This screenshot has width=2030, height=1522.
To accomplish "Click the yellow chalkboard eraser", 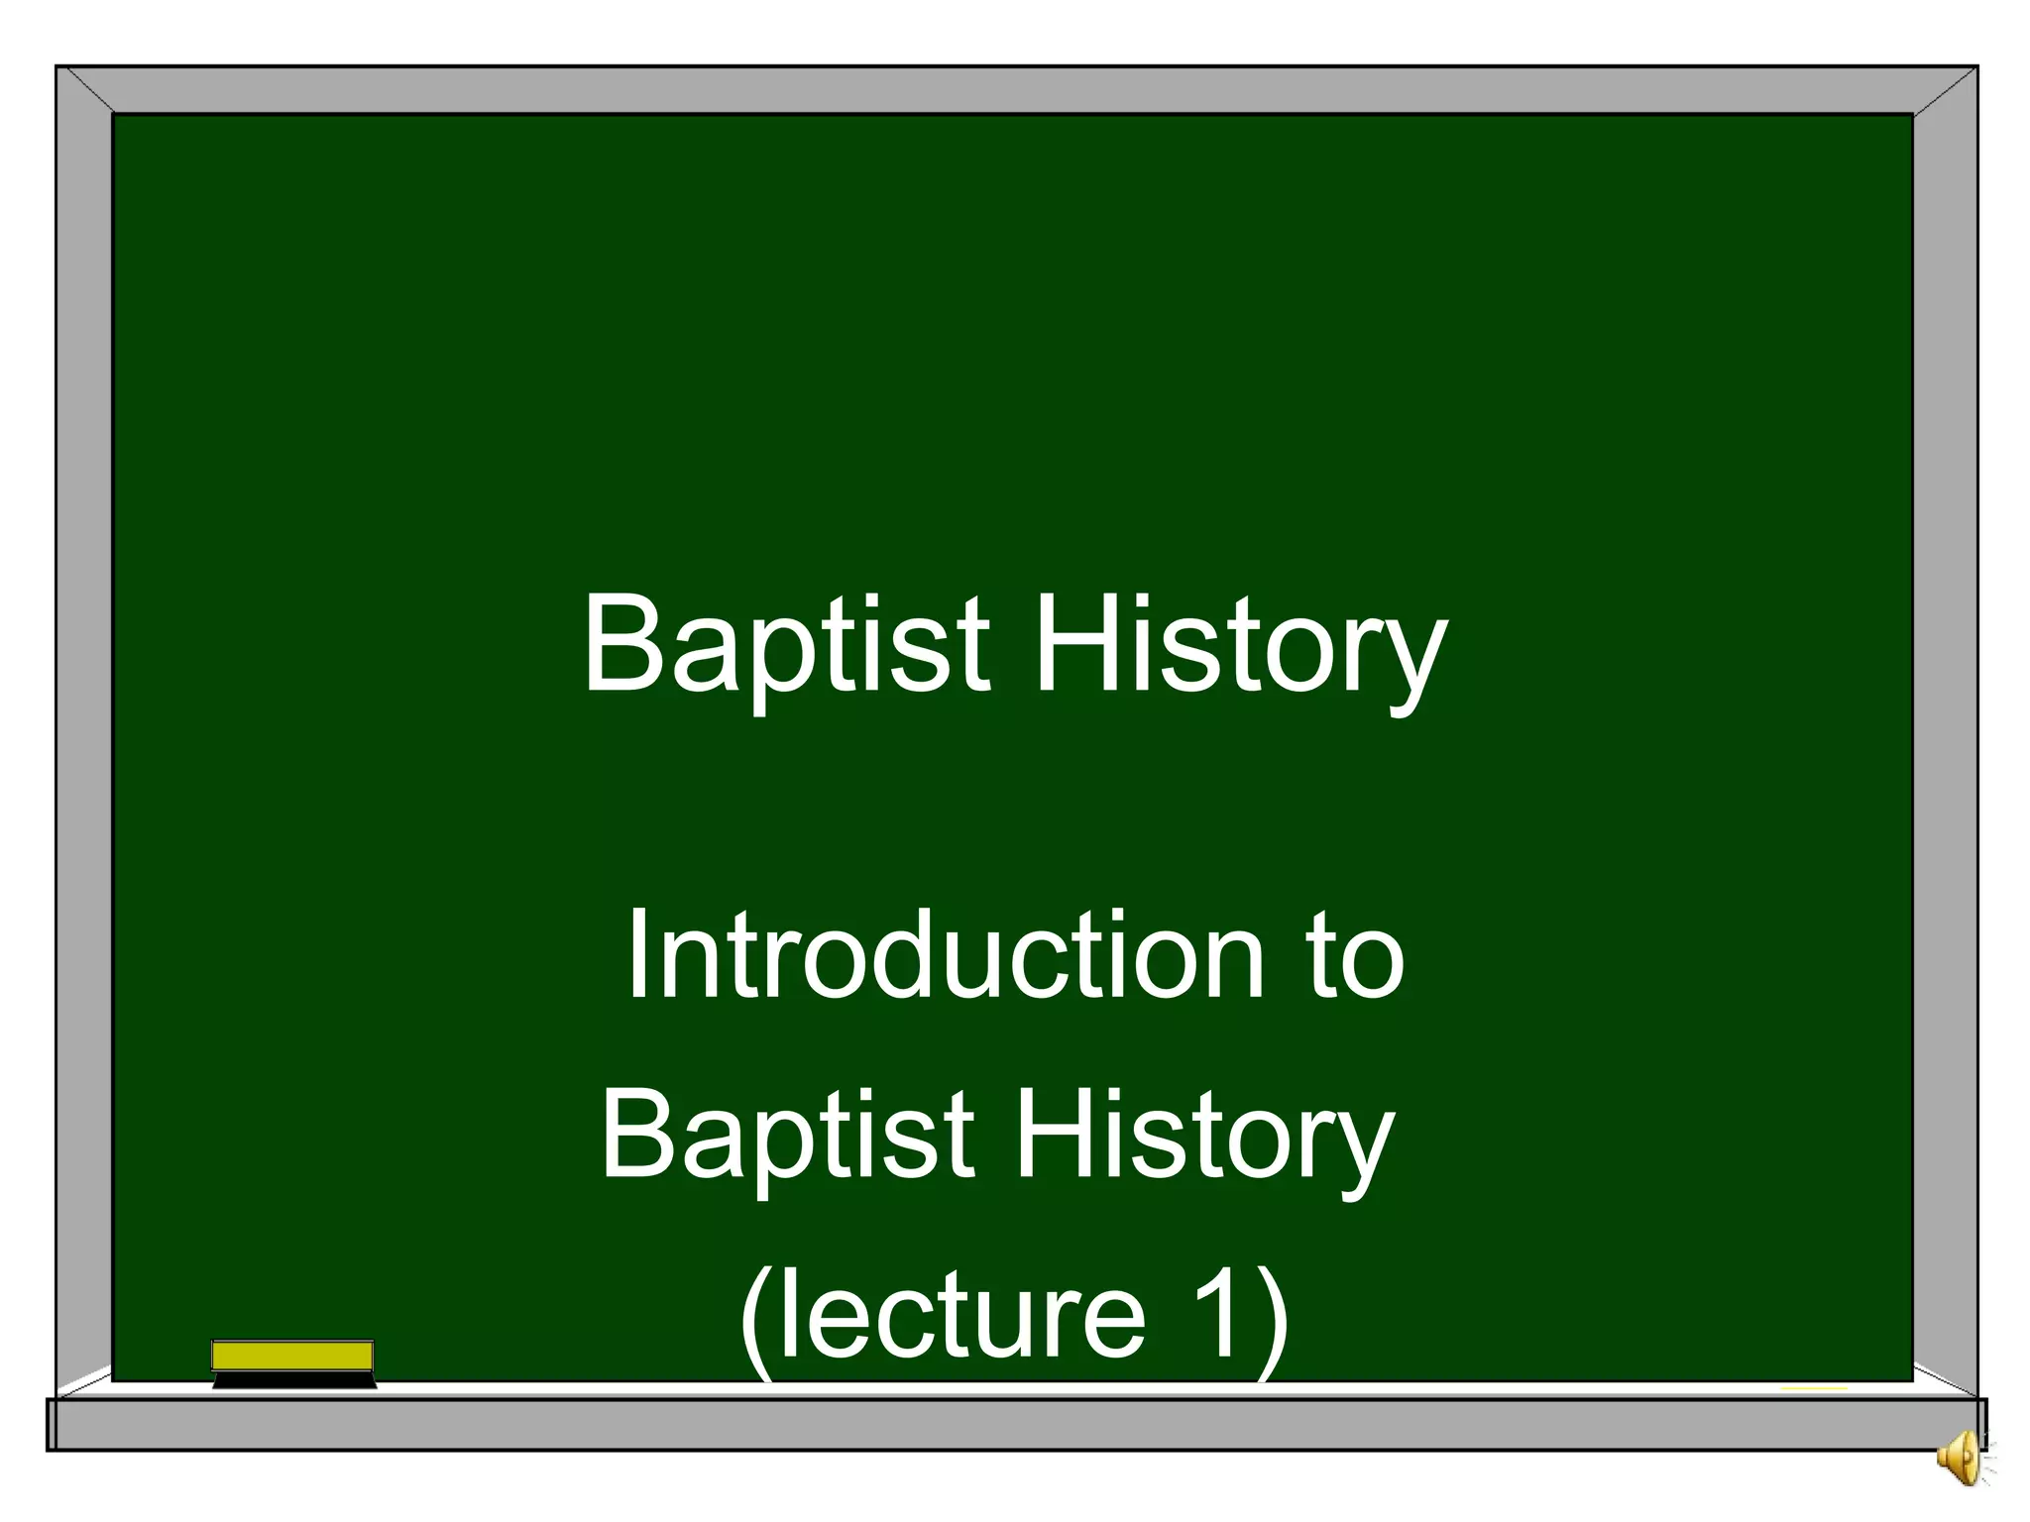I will pos(292,1356).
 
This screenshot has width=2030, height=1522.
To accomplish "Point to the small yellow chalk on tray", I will pos(1814,1388).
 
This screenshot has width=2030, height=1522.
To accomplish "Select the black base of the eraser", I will pos(294,1379).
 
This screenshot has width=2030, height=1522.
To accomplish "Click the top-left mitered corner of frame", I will pos(85,90).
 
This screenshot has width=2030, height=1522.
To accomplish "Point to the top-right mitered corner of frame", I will pos(1945,90).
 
